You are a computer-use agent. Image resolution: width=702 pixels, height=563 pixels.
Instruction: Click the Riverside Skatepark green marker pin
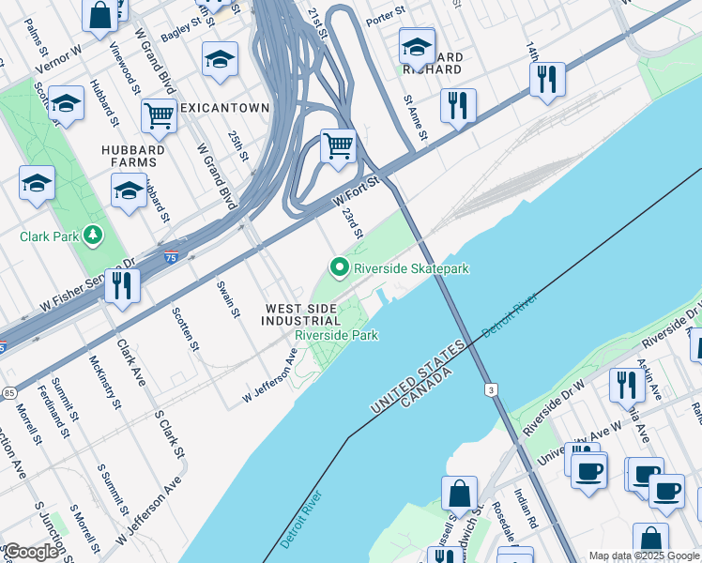pyautogui.click(x=340, y=268)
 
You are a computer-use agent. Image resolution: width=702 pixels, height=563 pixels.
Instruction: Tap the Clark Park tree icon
pyautogui.click(x=93, y=235)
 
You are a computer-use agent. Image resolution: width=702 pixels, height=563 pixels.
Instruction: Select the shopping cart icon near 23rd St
pyautogui.click(x=337, y=147)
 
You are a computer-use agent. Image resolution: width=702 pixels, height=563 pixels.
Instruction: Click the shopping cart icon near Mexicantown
pyautogui.click(x=160, y=117)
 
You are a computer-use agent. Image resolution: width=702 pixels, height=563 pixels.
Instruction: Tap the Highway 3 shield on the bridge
pyautogui.click(x=489, y=388)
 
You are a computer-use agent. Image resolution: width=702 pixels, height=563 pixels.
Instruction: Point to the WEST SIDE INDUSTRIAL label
pyautogui.click(x=302, y=314)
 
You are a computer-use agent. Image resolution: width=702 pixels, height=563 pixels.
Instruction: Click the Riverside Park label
pyautogui.click(x=336, y=335)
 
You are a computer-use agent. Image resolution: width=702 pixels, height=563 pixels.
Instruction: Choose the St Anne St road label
pyautogui.click(x=416, y=117)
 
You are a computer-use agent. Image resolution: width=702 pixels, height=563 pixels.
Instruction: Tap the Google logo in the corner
pyautogui.click(x=31, y=552)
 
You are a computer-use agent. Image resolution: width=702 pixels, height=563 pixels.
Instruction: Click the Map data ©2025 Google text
pyautogui.click(x=644, y=555)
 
